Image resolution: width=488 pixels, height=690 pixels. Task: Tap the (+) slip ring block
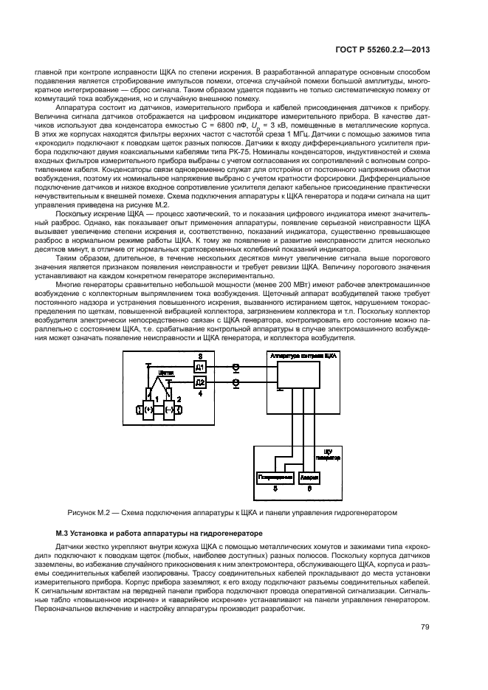click(148, 408)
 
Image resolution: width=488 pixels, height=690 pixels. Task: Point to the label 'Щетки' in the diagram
click(165, 374)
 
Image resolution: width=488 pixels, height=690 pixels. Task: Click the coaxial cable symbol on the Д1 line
click(236, 367)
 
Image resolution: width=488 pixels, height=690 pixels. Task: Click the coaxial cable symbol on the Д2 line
click(236, 383)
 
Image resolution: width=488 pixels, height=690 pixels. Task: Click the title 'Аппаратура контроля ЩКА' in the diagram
click(304, 356)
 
